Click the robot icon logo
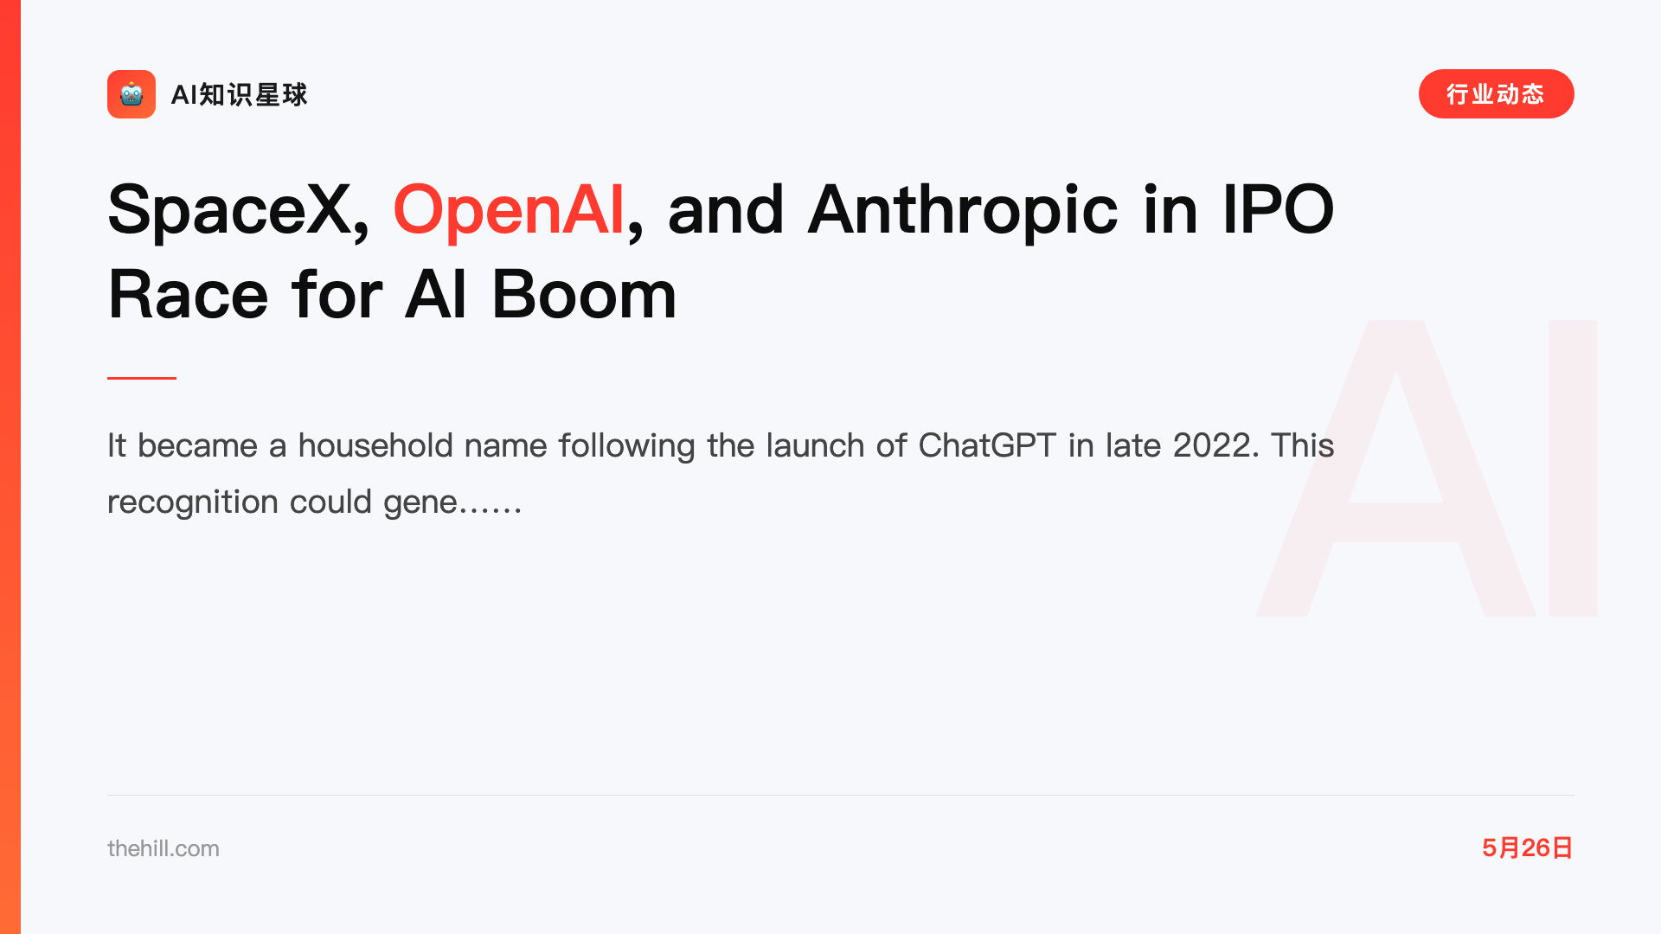pyautogui.click(x=131, y=94)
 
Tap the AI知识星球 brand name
pyautogui.click(x=240, y=94)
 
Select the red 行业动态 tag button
pyautogui.click(x=1496, y=94)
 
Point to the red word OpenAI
pyautogui.click(x=509, y=210)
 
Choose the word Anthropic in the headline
pyautogui.click(x=962, y=210)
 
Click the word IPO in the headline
pyautogui.click(x=1278, y=209)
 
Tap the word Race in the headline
pyautogui.click(x=188, y=295)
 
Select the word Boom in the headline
pyautogui.click(x=584, y=295)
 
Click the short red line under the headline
pyautogui.click(x=142, y=378)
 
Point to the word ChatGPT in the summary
pyautogui.click(x=987, y=445)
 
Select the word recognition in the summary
pyautogui.click(x=192, y=502)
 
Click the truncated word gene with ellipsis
pyautogui.click(x=452, y=502)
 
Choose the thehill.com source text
pyautogui.click(x=164, y=848)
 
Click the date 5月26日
pyautogui.click(x=1528, y=848)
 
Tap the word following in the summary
pyautogui.click(x=626, y=446)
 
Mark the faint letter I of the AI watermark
pyautogui.click(x=1573, y=468)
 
